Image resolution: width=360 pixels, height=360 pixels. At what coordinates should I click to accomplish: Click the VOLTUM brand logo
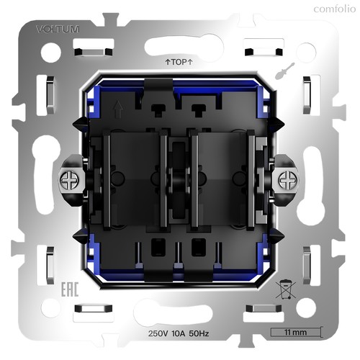[58, 30]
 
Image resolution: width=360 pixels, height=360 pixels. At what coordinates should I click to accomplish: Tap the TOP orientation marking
[179, 62]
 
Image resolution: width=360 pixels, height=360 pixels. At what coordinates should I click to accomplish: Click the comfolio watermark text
[335, 9]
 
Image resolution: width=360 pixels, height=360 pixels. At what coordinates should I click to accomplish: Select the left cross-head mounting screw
[69, 181]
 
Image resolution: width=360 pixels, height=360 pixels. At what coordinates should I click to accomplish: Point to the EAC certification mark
[70, 289]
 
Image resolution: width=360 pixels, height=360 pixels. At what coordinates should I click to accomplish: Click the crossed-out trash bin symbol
[285, 289]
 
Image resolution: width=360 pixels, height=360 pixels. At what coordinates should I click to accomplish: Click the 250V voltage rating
[158, 333]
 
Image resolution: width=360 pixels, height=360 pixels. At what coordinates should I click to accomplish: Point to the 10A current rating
[179, 333]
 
